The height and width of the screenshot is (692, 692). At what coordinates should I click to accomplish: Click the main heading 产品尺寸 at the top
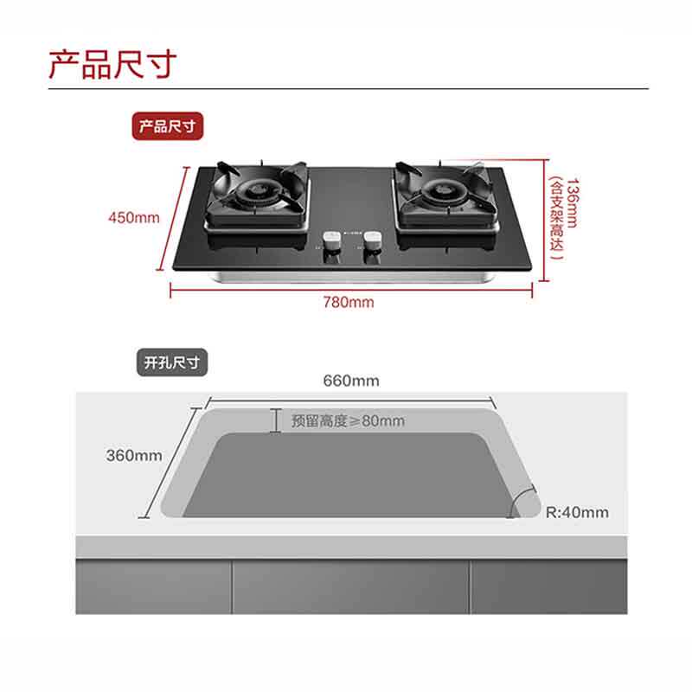(x=112, y=63)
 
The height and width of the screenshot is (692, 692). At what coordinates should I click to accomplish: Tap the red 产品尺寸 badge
(x=168, y=127)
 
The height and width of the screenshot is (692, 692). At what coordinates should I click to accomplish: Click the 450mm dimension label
(x=134, y=217)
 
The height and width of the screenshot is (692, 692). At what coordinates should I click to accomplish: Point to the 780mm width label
(x=349, y=302)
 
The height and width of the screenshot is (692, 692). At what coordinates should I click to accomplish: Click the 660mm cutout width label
(x=351, y=381)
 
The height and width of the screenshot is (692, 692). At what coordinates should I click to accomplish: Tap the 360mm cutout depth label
(x=134, y=455)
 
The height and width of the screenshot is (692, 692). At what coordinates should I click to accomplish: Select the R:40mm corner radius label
(x=577, y=512)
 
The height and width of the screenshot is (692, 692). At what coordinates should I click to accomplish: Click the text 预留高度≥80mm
(x=348, y=421)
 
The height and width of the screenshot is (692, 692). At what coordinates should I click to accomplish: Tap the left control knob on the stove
(x=330, y=241)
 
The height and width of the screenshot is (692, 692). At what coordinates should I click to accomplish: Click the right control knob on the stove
(x=373, y=241)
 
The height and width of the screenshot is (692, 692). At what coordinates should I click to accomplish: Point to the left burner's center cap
(x=257, y=191)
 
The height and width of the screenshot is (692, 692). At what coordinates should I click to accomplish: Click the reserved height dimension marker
(x=276, y=420)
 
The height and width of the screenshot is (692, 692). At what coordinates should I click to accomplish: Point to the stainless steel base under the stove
(x=350, y=277)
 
